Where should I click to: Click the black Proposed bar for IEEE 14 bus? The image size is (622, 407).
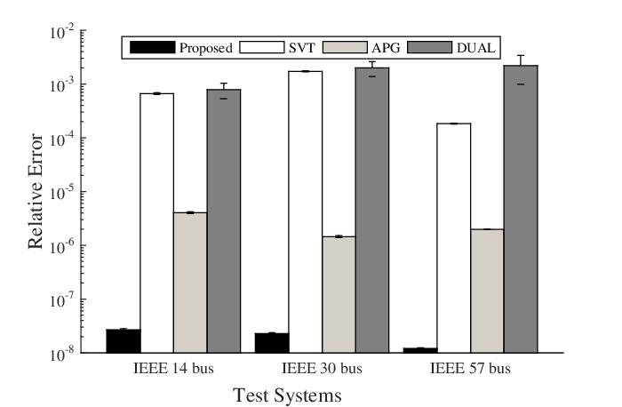click(124, 340)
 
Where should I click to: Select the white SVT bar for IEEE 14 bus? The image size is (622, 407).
click(157, 223)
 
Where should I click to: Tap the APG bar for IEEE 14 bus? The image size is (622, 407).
click(190, 283)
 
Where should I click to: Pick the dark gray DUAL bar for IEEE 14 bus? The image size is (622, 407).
click(224, 221)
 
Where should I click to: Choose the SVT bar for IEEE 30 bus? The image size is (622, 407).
click(306, 211)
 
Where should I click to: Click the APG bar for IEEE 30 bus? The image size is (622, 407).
click(339, 294)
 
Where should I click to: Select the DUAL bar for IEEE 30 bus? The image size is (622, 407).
click(372, 210)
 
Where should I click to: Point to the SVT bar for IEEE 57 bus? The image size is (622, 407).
click(454, 238)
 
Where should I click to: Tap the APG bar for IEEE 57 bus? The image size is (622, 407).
click(487, 291)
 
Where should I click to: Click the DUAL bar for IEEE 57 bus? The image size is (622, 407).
click(521, 209)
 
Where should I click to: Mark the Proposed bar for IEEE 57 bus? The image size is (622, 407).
click(420, 350)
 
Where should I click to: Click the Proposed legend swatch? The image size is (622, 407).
click(152, 47)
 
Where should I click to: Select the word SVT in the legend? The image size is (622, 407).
click(302, 48)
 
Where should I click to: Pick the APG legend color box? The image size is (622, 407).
click(345, 47)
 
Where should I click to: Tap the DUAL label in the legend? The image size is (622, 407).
click(476, 48)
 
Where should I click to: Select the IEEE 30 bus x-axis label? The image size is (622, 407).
click(322, 369)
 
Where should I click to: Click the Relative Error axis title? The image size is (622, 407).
click(36, 191)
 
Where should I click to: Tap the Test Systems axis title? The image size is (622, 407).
click(287, 395)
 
